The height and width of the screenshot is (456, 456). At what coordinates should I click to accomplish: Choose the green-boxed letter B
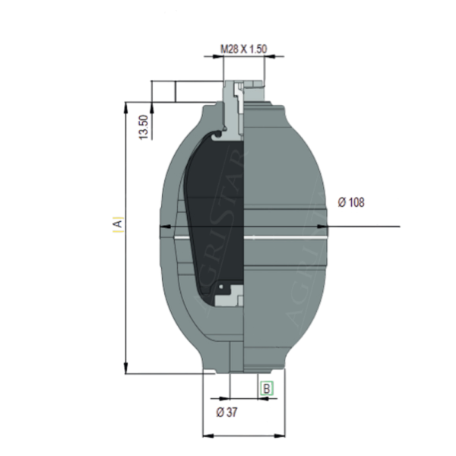point(266,388)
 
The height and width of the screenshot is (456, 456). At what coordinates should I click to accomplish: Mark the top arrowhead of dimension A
point(125,106)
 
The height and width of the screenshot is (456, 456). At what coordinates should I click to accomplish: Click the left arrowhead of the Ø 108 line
point(163,227)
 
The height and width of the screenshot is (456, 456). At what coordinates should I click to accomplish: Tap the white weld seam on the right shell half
point(289,239)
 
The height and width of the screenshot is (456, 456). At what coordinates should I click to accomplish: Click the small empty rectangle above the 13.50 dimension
point(163,90)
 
